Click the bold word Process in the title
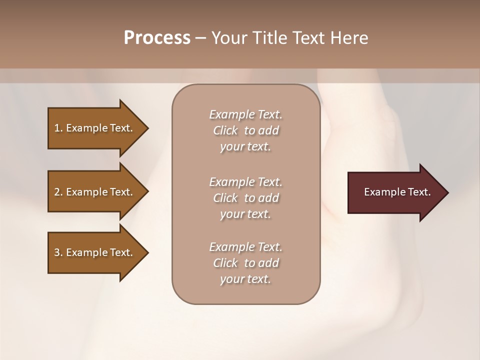pyautogui.click(x=157, y=38)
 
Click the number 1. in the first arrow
pyautogui.click(x=58, y=128)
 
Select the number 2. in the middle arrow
pyautogui.click(x=58, y=192)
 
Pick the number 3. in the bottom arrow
pyautogui.click(x=58, y=252)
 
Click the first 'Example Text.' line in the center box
pyautogui.click(x=246, y=114)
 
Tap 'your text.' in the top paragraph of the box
pyautogui.click(x=245, y=147)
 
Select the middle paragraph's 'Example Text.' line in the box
pyautogui.click(x=246, y=181)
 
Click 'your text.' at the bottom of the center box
pyautogui.click(x=245, y=279)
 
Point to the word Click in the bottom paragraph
pyautogui.click(x=225, y=263)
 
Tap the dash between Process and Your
pyautogui.click(x=201, y=38)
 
